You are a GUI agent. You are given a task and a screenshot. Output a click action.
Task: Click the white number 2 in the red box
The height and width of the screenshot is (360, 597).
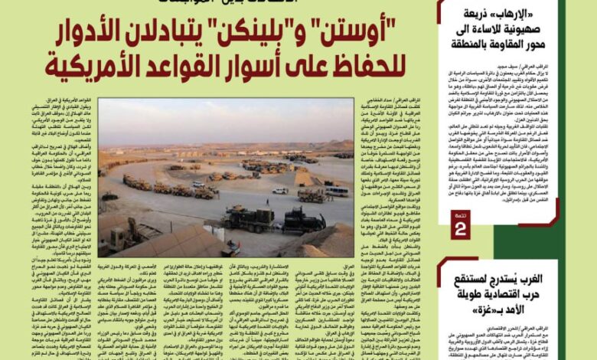click(x=460, y=228)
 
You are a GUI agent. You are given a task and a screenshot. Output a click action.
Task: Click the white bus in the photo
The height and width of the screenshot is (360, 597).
click(x=334, y=191)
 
